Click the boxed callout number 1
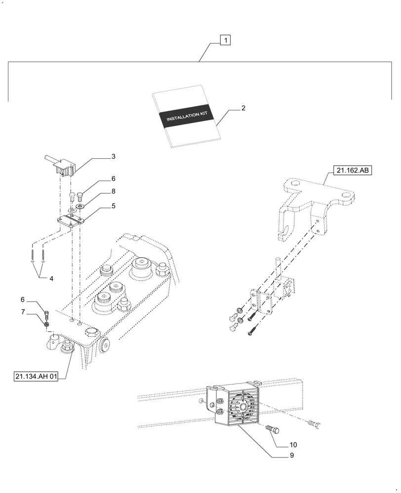[225, 40]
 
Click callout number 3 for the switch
[113, 157]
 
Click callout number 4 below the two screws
[51, 279]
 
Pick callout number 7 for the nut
[23, 312]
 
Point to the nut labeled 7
[46, 324]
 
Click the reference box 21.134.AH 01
[37, 377]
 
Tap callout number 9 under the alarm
[291, 456]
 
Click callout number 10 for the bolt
[294, 444]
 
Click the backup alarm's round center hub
[243, 407]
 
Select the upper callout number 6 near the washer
[113, 179]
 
